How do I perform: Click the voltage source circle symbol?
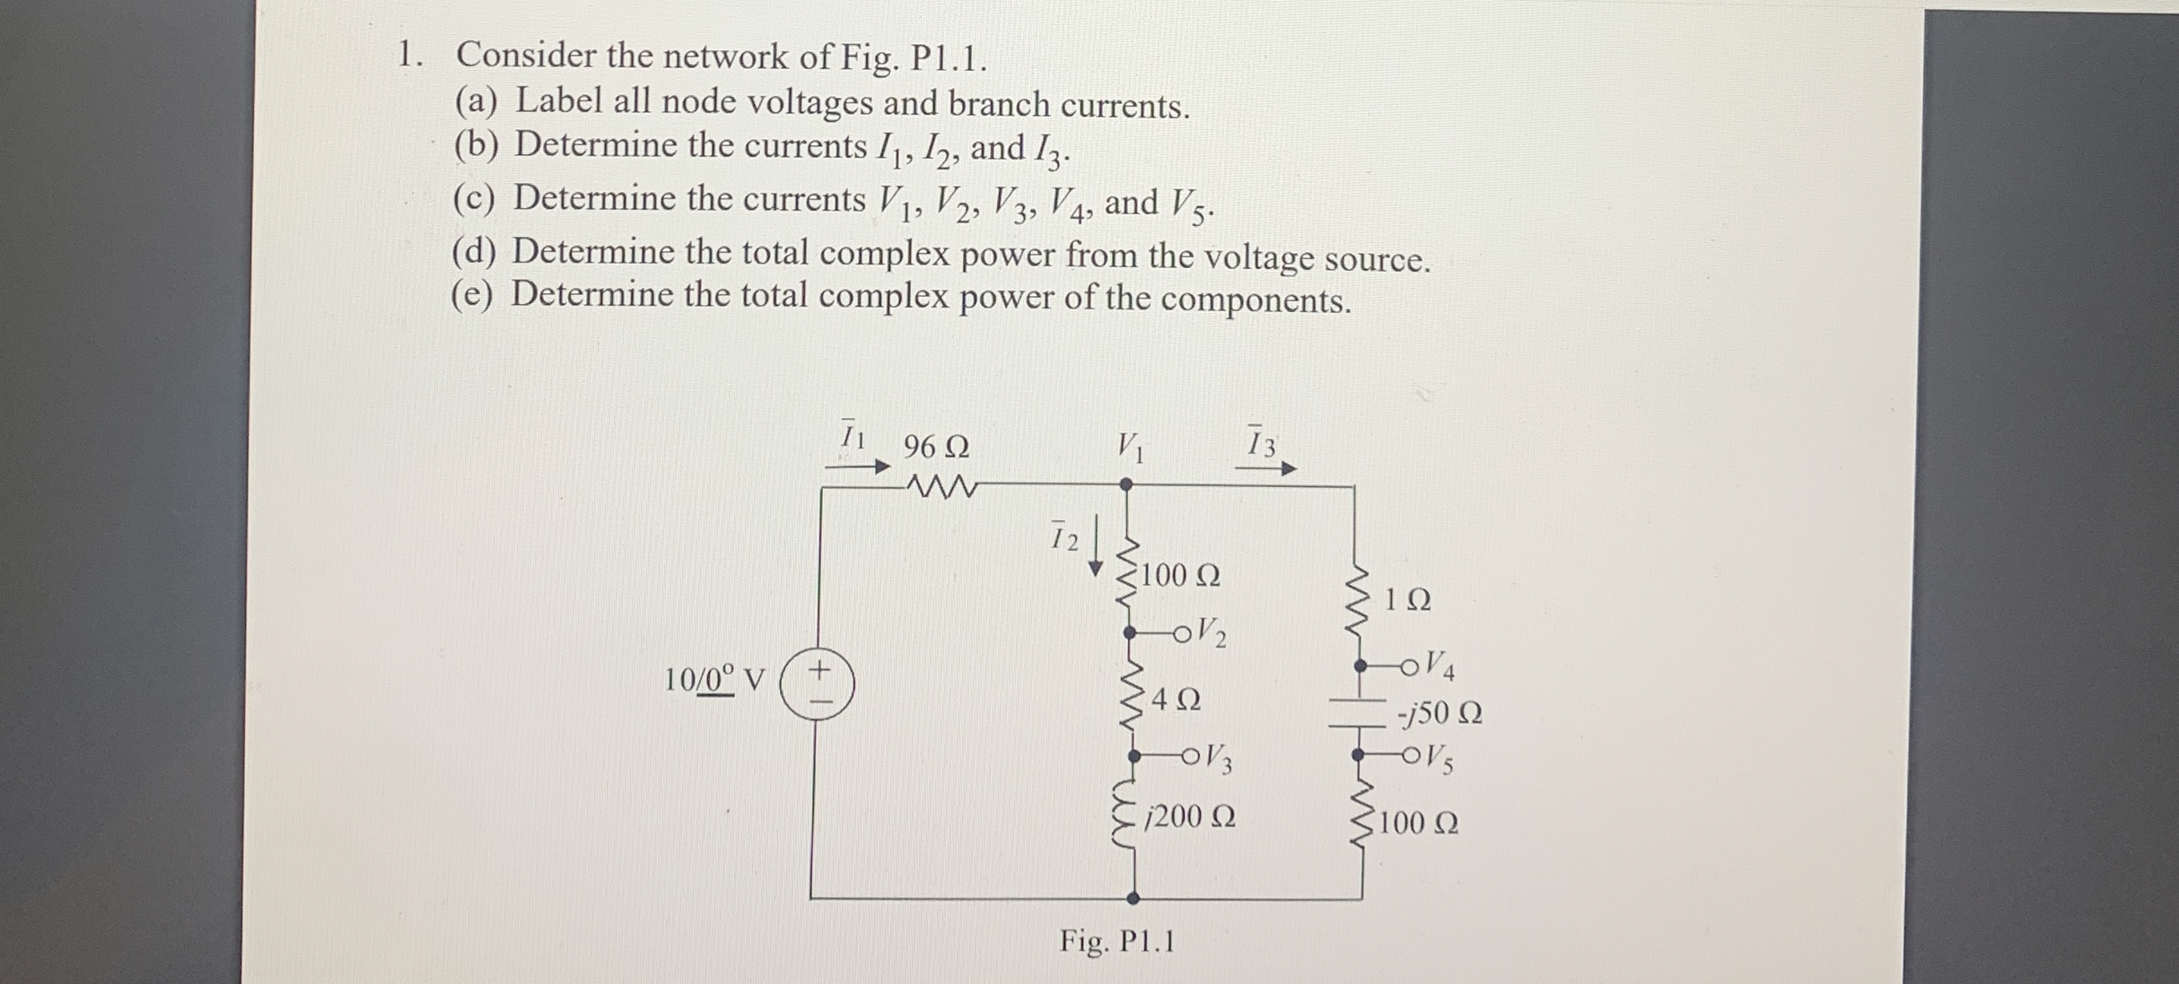click(x=817, y=684)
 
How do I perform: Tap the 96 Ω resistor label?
click(x=936, y=447)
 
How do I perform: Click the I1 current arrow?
click(x=857, y=466)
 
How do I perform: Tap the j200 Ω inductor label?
click(x=1191, y=817)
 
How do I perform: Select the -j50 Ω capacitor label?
click(x=1440, y=714)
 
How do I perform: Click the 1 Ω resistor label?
click(x=1407, y=600)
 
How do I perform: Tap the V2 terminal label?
click(x=1212, y=632)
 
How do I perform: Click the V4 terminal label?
click(x=1440, y=666)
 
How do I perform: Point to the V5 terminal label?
click(x=1439, y=760)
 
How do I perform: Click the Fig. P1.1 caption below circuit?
click(x=1116, y=941)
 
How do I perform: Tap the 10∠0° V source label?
click(x=714, y=679)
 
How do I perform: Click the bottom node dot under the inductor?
click(x=1133, y=898)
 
